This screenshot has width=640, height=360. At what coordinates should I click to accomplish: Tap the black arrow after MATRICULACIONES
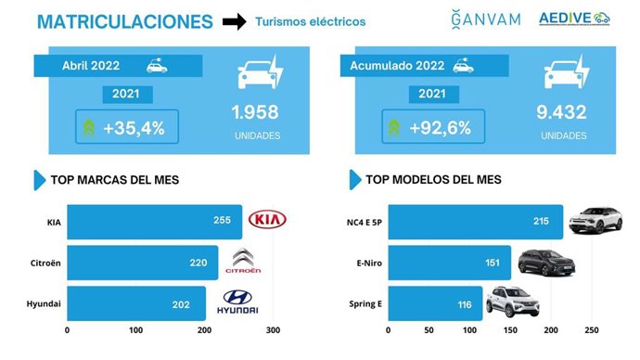237,21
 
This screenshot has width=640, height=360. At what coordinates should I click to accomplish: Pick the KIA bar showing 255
154,222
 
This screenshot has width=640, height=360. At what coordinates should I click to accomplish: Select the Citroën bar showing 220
142,263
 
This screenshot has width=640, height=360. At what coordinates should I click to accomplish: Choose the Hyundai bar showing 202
135,303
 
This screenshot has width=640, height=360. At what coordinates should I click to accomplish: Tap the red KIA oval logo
268,221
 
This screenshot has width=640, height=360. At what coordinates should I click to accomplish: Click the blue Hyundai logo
240,302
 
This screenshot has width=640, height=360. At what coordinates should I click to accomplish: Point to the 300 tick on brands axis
272,330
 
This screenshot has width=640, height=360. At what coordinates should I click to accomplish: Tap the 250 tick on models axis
592,330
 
